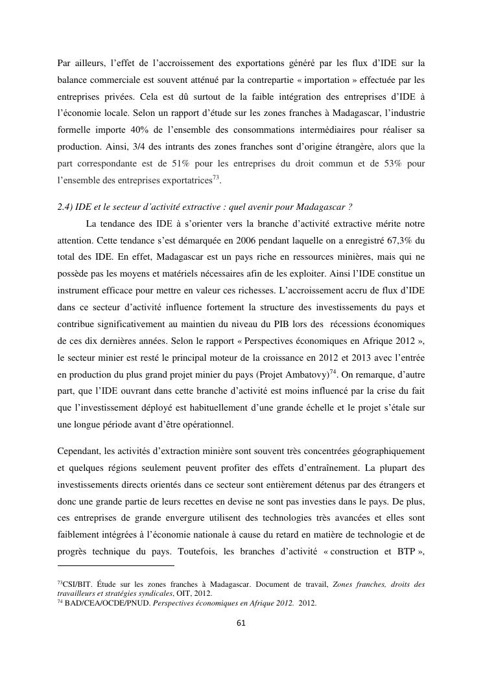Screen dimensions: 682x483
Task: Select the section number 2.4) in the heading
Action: point(65,208)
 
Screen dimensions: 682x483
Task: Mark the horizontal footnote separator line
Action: point(116,566)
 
